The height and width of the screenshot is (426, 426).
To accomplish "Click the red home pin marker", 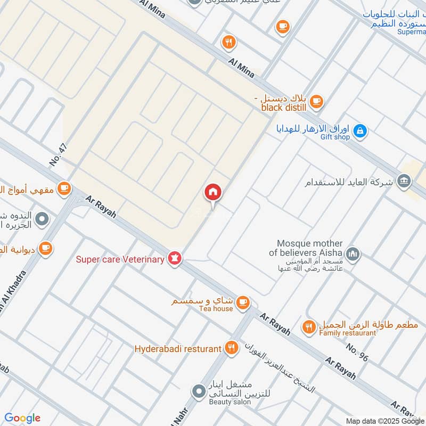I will click(213, 193).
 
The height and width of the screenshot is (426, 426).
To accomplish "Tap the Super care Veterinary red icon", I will click(175, 259).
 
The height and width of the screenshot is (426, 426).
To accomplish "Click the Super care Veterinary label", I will click(120, 259).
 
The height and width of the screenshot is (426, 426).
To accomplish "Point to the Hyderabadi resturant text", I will click(177, 349).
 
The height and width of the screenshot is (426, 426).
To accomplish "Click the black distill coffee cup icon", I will click(316, 100).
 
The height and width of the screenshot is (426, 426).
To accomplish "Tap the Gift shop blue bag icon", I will click(360, 130).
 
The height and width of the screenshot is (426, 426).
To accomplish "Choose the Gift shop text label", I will click(335, 137).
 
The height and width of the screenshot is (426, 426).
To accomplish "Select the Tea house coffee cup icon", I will click(243, 302).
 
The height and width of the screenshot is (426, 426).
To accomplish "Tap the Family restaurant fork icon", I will click(308, 327).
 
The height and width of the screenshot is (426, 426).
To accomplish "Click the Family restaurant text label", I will click(348, 333).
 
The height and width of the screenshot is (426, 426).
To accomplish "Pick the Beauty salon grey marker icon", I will click(199, 391).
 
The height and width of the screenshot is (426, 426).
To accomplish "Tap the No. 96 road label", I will click(356, 352).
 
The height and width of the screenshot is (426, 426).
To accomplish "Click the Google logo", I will click(22, 418).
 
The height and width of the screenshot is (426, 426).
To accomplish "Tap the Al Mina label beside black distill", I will click(241, 68).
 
